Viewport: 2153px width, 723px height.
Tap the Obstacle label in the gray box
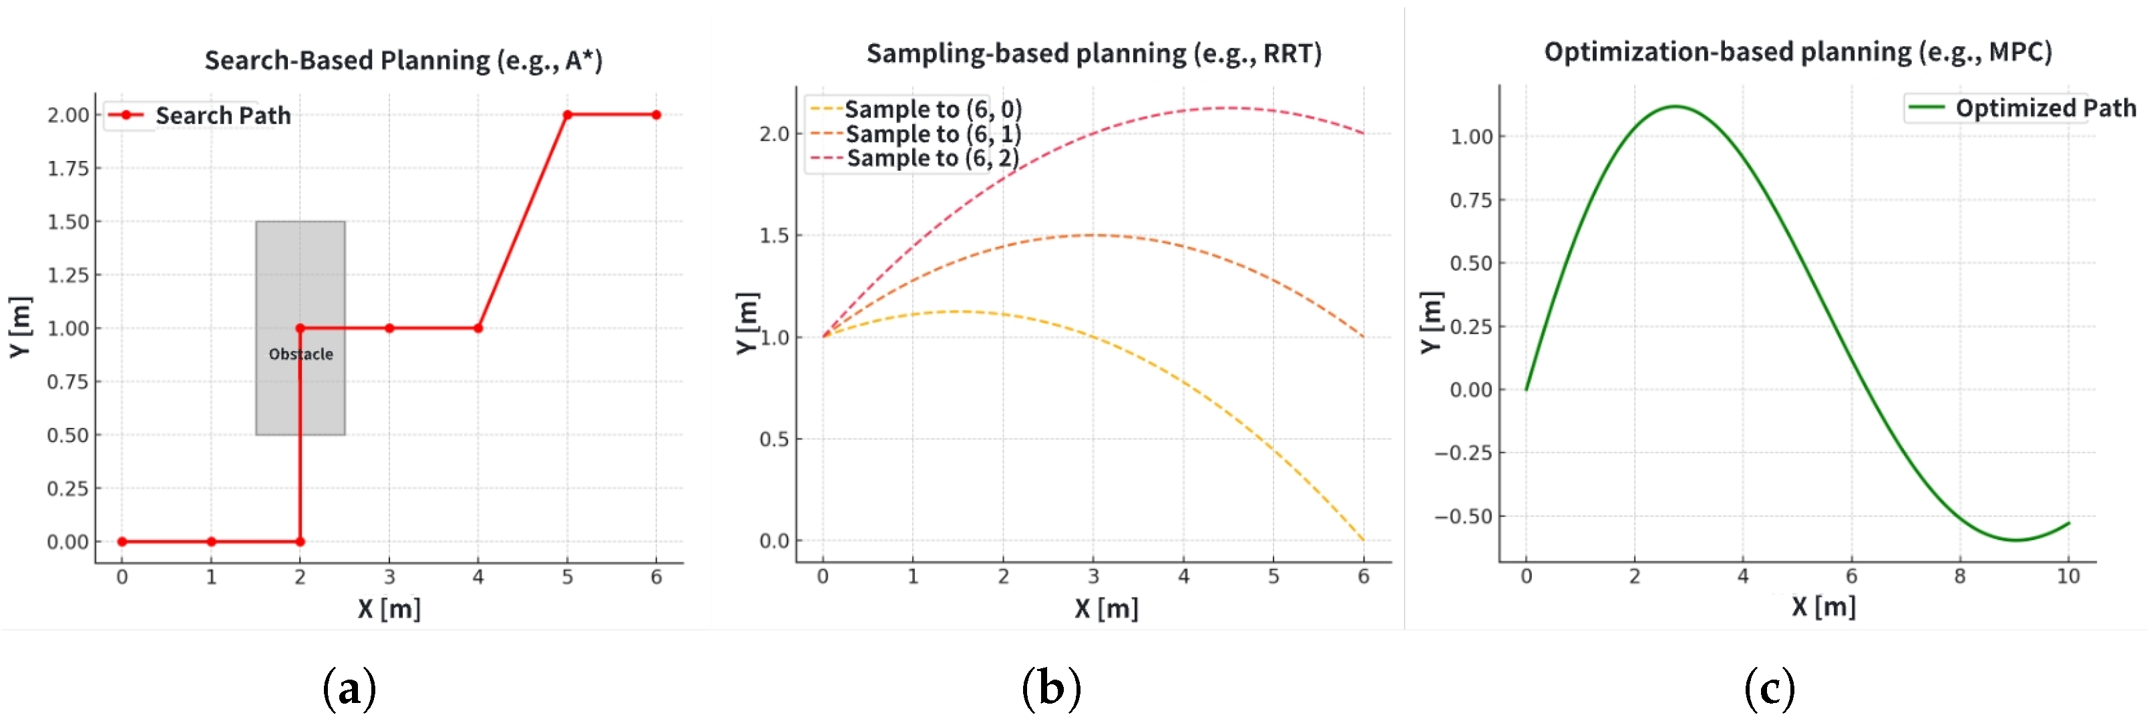[x=301, y=354]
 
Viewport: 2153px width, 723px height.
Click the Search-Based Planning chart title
[x=403, y=60]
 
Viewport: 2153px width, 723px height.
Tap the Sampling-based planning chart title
[x=1093, y=53]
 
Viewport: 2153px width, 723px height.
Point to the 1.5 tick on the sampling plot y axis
[x=774, y=236]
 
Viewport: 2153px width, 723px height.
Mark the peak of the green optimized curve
[x=1675, y=106]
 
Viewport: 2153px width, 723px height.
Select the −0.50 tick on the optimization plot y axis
[x=1462, y=517]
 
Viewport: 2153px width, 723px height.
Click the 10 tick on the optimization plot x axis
[x=2068, y=577]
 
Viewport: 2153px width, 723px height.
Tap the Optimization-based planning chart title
[x=1798, y=52]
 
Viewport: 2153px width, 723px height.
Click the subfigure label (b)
[x=1050, y=689]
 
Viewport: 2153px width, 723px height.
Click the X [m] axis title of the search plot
[x=389, y=608]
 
